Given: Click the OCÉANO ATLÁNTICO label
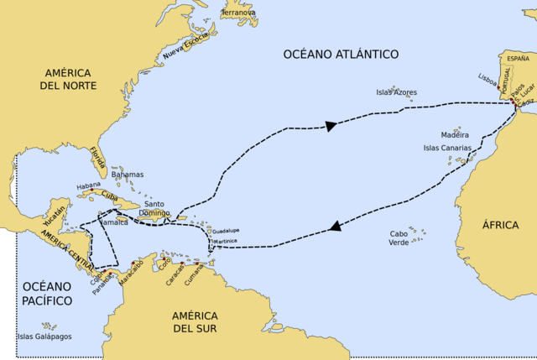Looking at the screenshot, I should (x=339, y=55).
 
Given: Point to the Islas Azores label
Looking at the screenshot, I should (x=396, y=92).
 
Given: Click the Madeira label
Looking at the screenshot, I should (x=455, y=134).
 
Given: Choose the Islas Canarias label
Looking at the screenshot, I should (x=449, y=148).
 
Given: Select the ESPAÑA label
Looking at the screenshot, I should (x=518, y=59).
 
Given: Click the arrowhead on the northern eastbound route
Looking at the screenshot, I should (x=331, y=126).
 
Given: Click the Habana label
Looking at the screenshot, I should (x=88, y=185).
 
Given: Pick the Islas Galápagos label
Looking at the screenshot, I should (x=44, y=337).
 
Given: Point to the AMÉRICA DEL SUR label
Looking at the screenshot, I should (x=195, y=321).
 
